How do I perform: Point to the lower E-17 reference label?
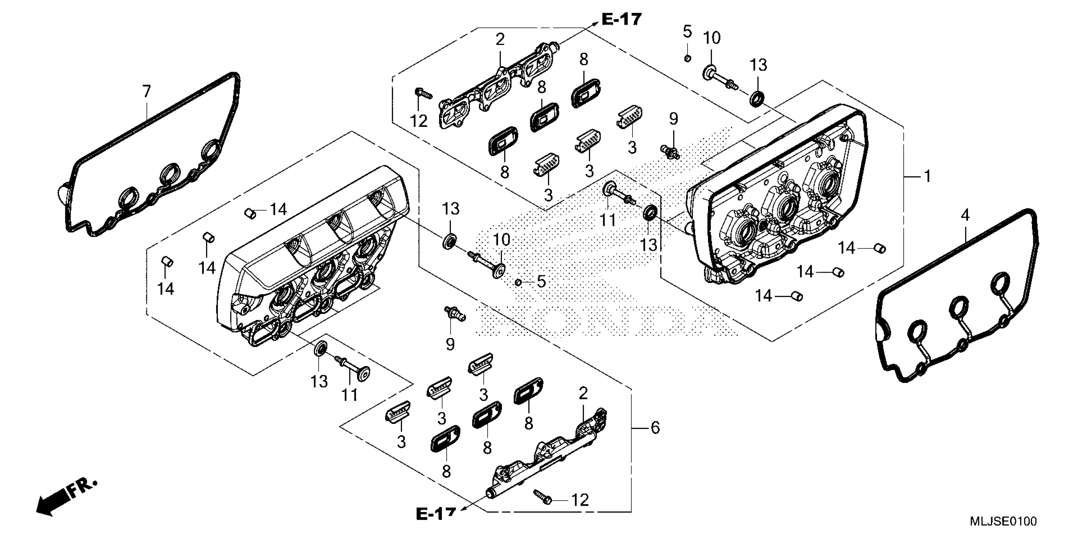[436, 514]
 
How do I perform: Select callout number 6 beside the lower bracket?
[655, 428]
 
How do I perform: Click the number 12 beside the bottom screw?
[580, 500]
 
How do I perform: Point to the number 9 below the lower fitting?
[450, 344]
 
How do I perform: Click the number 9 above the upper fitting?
[673, 119]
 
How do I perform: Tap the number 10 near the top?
[711, 38]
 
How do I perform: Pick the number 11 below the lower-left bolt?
[349, 395]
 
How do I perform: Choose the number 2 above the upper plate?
[500, 40]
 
